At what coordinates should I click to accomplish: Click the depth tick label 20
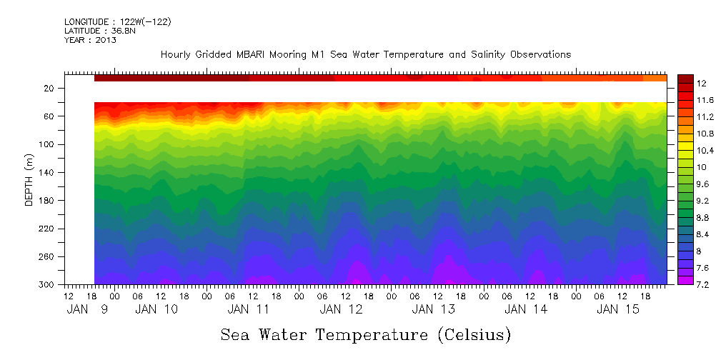click(x=49, y=88)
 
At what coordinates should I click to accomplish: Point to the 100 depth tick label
click(x=47, y=144)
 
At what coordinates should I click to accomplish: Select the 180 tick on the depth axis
click(x=47, y=201)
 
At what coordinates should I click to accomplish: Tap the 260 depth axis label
click(x=47, y=256)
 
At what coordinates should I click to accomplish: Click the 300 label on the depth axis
click(x=47, y=284)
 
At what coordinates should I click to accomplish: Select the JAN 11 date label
click(x=249, y=309)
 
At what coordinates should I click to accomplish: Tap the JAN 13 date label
click(x=434, y=309)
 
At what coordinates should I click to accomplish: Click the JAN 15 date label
click(x=618, y=309)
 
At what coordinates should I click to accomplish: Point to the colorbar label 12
click(x=686, y=84)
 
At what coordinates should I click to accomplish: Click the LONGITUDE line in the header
click(x=117, y=22)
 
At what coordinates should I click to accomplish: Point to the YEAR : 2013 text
click(x=90, y=40)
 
